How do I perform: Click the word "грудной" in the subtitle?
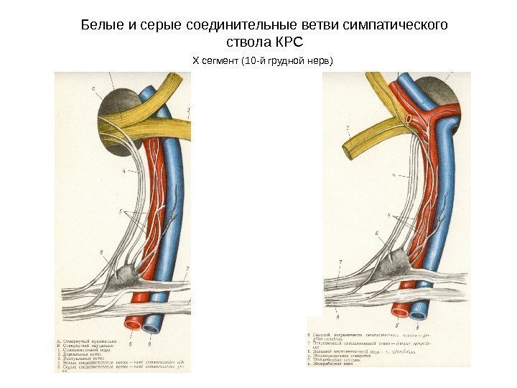[x=284, y=60]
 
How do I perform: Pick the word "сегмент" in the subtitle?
[x=222, y=60]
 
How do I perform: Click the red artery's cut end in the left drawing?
[x=133, y=325]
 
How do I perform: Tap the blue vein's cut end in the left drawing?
[x=152, y=328]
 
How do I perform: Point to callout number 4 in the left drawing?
[x=123, y=172]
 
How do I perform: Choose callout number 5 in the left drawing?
[x=122, y=212]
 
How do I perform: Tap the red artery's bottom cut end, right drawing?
[x=400, y=313]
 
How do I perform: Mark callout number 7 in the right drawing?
[x=340, y=262]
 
